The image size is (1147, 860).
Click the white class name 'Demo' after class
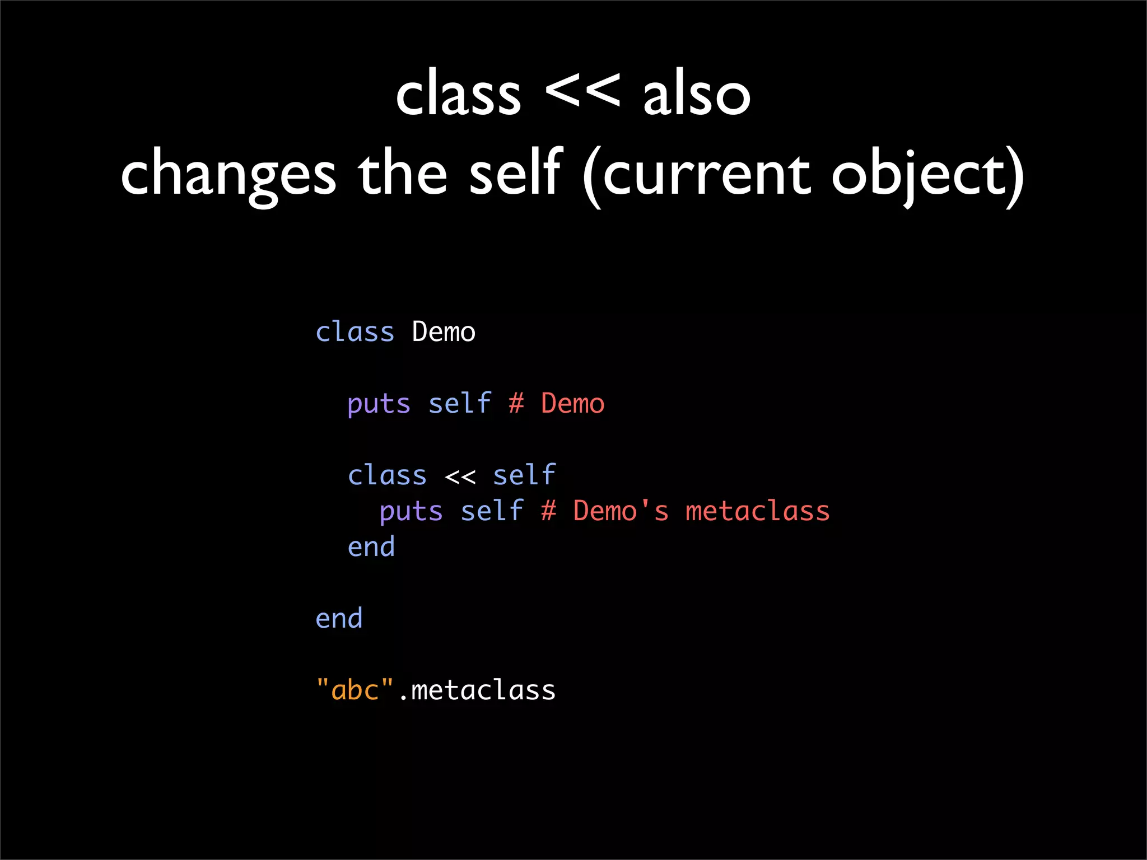pyautogui.click(x=444, y=332)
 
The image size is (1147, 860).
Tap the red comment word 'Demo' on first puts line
pyautogui.click(x=572, y=404)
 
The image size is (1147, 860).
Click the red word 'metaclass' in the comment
pyautogui.click(x=757, y=511)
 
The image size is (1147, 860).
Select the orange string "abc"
pyautogui.click(x=355, y=690)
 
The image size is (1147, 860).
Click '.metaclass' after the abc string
pyautogui.click(x=477, y=690)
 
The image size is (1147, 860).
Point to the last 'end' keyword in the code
pyautogui.click(x=339, y=619)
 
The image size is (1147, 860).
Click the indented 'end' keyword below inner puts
pyautogui.click(x=371, y=547)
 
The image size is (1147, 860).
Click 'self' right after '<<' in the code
pyautogui.click(x=524, y=475)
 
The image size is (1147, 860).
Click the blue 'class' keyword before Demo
pyautogui.click(x=355, y=332)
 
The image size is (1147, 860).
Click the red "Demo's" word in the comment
pyautogui.click(x=621, y=511)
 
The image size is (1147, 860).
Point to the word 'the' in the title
pyautogui.click(x=402, y=174)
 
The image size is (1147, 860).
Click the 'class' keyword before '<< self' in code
pyautogui.click(x=387, y=475)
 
